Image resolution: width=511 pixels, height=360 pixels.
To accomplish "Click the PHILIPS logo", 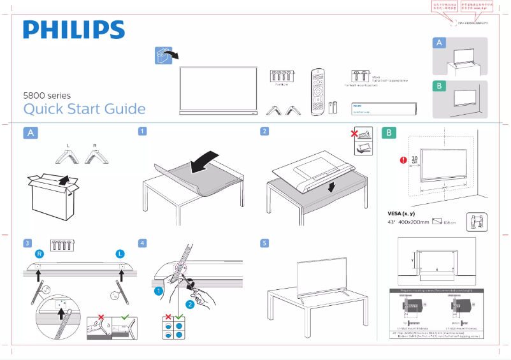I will pyautogui.click(x=74, y=30).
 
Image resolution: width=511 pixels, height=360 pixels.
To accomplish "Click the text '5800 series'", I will pyautogui.click(x=47, y=96).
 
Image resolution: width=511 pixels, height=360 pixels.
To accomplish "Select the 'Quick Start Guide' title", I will pyautogui.click(x=84, y=109).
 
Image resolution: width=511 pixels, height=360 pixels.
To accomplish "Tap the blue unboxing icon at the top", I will pyautogui.click(x=164, y=55).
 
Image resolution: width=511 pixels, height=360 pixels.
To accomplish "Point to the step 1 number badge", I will pyautogui.click(x=143, y=131).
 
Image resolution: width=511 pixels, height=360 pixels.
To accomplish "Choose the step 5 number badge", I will pyautogui.click(x=264, y=243).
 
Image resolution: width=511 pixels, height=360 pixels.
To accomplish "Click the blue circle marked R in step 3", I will pyautogui.click(x=40, y=254).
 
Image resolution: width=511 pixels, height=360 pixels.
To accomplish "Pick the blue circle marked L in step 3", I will pyautogui.click(x=120, y=254).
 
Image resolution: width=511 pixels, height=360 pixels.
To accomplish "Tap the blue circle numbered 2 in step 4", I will pyautogui.click(x=189, y=305).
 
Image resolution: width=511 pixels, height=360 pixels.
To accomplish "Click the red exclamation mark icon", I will pyautogui.click(x=402, y=160).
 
